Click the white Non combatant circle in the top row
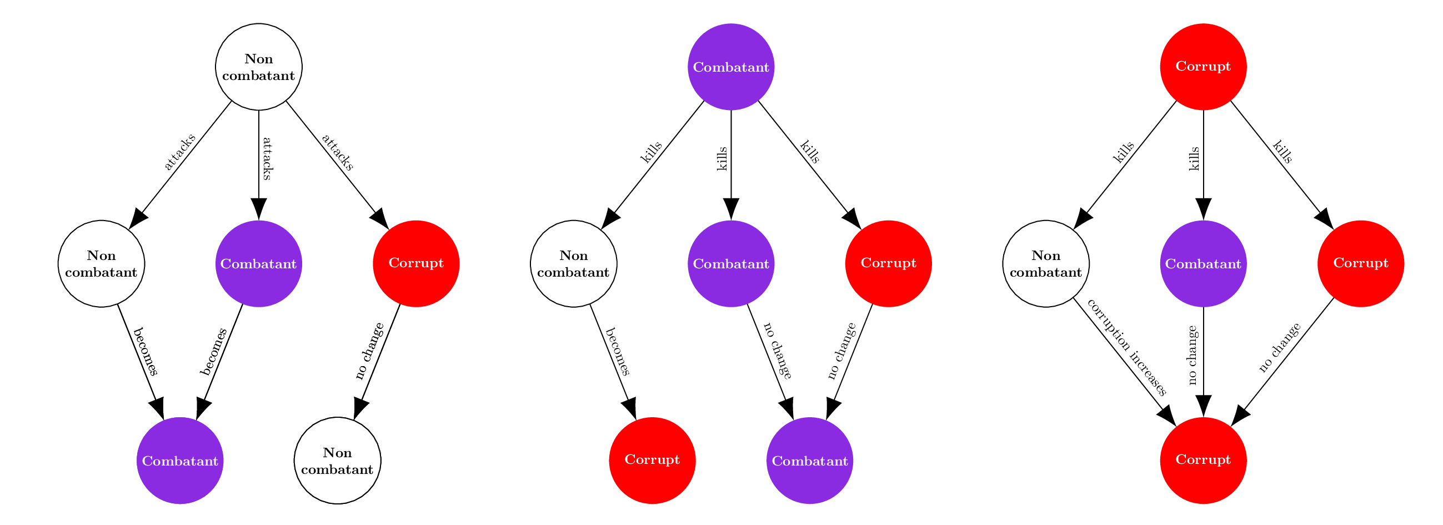(x=258, y=67)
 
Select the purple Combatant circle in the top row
(x=730, y=67)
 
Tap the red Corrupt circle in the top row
(x=1202, y=67)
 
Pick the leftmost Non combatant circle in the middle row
(x=101, y=263)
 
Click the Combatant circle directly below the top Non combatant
(x=258, y=263)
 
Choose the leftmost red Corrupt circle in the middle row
(x=415, y=263)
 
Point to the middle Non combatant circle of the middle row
(x=573, y=263)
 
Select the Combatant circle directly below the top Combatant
(x=730, y=263)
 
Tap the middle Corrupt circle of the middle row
(x=888, y=263)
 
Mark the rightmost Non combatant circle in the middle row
(x=1045, y=263)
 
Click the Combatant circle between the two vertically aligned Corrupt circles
(x=1202, y=263)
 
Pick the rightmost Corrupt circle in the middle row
(x=1361, y=263)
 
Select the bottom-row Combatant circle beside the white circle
(x=180, y=461)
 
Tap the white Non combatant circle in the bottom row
(x=337, y=461)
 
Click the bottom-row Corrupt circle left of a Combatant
(x=652, y=461)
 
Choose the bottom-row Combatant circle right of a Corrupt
(x=809, y=461)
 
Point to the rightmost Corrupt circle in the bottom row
(x=1202, y=461)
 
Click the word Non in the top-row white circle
(x=258, y=59)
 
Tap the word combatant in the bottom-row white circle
(x=337, y=469)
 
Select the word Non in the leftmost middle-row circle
(x=101, y=256)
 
